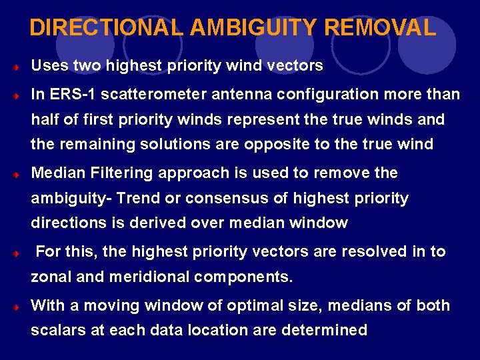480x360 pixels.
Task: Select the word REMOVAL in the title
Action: click(381, 28)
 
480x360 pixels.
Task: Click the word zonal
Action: click(51, 277)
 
